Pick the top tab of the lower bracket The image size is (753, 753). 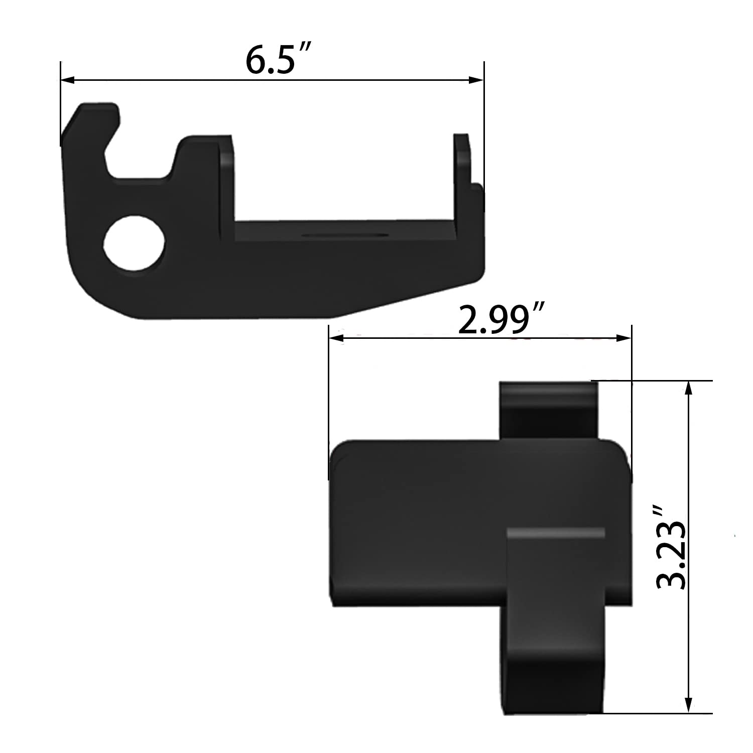click(x=548, y=409)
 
